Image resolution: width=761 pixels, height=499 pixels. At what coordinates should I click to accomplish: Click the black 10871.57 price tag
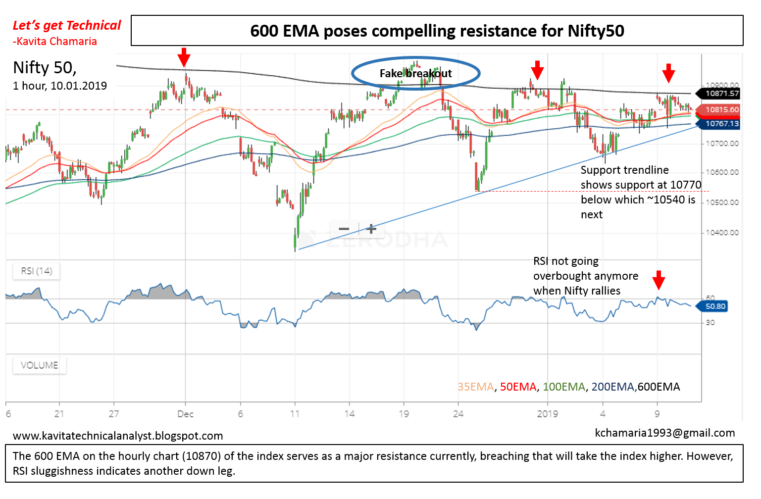721,93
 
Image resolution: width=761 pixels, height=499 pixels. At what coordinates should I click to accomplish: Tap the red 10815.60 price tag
721,109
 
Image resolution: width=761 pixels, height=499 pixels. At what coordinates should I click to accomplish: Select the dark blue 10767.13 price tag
721,124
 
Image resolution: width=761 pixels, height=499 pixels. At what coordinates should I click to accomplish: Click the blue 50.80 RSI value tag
715,306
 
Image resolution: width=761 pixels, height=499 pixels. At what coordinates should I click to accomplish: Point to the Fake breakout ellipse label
415,74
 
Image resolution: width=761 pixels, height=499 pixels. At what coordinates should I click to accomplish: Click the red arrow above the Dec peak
184,57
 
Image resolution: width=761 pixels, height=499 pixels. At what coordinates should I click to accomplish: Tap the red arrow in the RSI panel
659,280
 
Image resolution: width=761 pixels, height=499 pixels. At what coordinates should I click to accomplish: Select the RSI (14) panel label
36,271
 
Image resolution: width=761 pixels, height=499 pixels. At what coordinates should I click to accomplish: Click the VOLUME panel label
39,365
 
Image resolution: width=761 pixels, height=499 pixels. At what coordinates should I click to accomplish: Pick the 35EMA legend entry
475,387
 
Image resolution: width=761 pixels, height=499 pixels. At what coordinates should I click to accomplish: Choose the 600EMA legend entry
659,387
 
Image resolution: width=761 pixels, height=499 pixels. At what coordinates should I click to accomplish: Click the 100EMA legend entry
564,387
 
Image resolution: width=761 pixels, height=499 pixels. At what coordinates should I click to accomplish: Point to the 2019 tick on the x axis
547,414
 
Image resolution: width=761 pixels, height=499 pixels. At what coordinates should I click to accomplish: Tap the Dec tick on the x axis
185,414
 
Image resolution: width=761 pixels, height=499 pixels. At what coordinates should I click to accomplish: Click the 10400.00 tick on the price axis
722,232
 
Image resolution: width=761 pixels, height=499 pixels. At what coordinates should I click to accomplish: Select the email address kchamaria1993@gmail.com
664,433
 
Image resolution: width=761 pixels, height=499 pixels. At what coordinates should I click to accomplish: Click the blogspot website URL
118,436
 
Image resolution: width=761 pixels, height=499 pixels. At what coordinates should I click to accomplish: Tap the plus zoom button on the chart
371,229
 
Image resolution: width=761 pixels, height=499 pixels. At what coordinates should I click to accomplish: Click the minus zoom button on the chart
344,229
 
